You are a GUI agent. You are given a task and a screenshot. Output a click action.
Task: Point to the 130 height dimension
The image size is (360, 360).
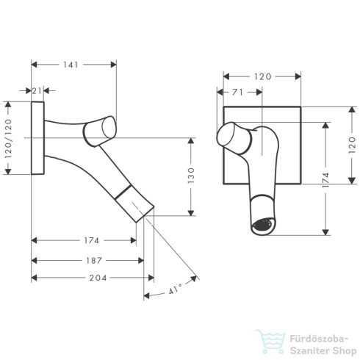click(x=190, y=176)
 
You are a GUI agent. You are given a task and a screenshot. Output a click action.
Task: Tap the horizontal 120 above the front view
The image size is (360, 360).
click(x=261, y=76)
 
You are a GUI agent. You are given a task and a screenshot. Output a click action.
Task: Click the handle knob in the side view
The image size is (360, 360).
click(x=99, y=130)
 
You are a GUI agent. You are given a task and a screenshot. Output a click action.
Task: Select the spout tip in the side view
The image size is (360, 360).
click(x=147, y=214)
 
